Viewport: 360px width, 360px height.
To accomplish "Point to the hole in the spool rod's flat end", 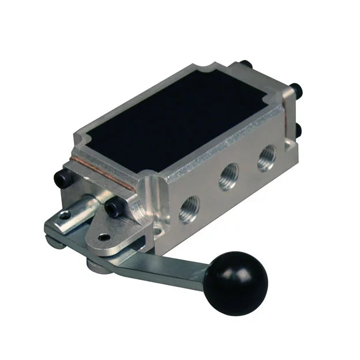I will pos(65,216).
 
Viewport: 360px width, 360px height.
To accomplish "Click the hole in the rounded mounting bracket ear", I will pos(104,237).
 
